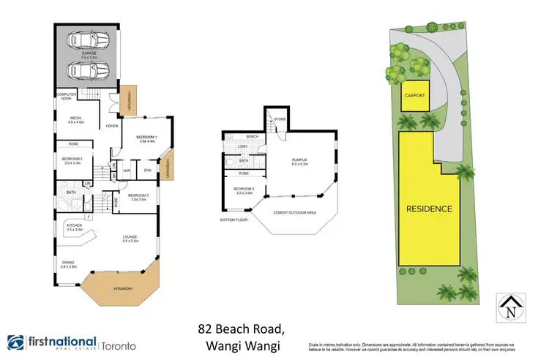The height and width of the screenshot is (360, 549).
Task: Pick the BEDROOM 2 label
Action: point(71,160)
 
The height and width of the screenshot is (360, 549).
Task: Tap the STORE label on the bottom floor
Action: point(280,119)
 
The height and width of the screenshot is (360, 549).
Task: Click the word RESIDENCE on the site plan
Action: point(429,209)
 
